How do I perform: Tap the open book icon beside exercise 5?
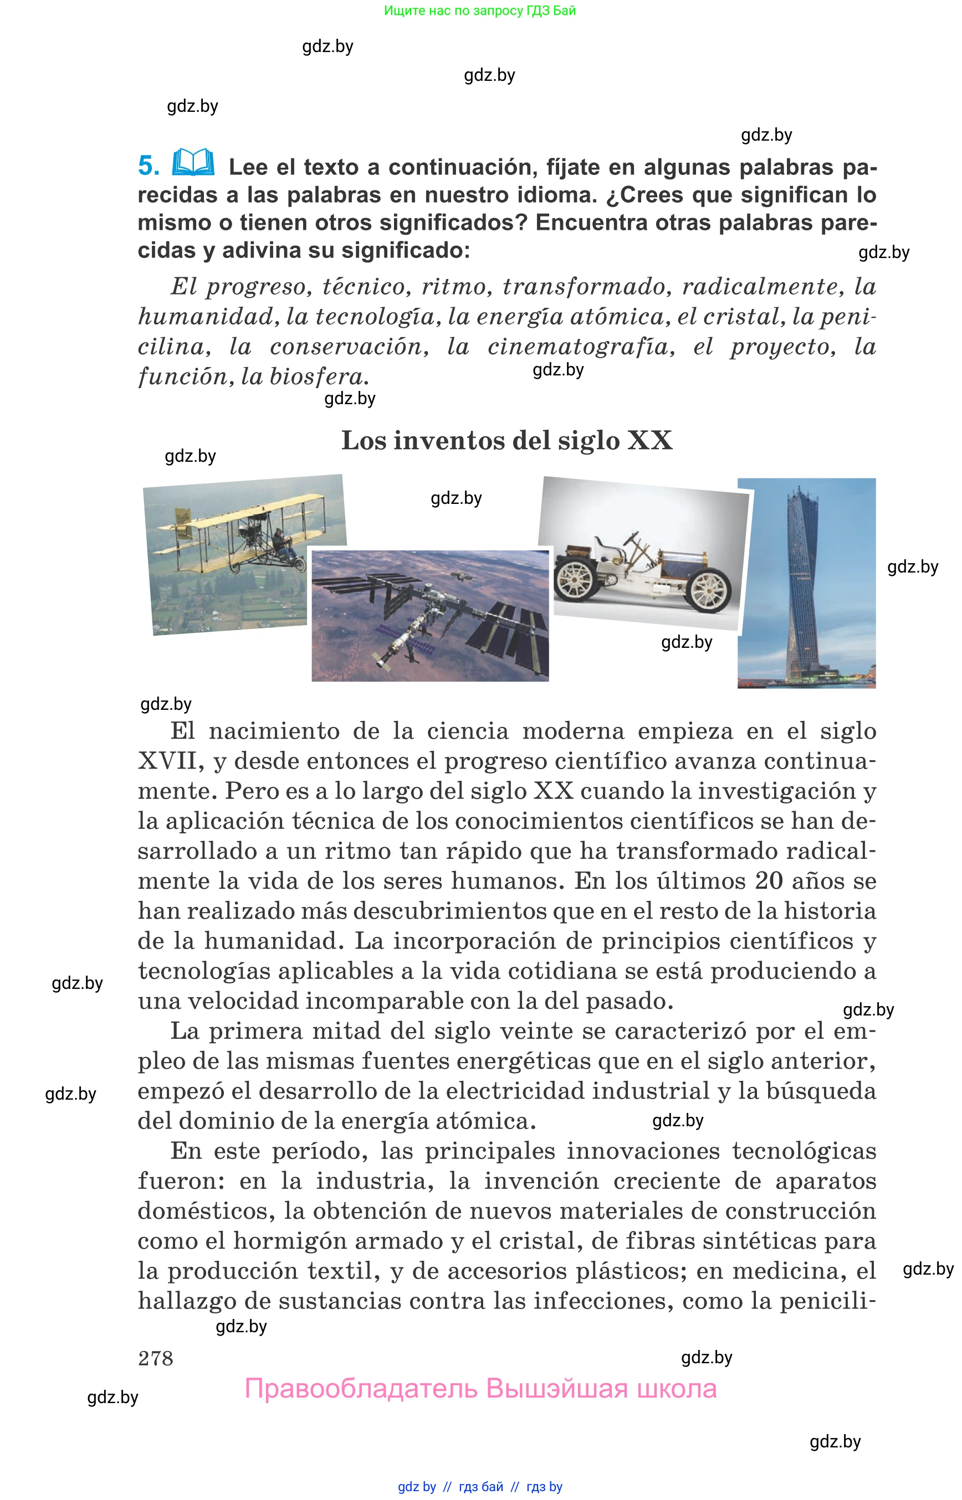193,162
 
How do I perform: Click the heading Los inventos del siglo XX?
506,441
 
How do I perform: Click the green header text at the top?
480,11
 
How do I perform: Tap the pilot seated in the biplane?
280,542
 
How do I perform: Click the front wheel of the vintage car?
710,590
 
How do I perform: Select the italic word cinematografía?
581,347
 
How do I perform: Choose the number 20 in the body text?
769,882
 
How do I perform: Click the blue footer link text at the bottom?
480,1486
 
